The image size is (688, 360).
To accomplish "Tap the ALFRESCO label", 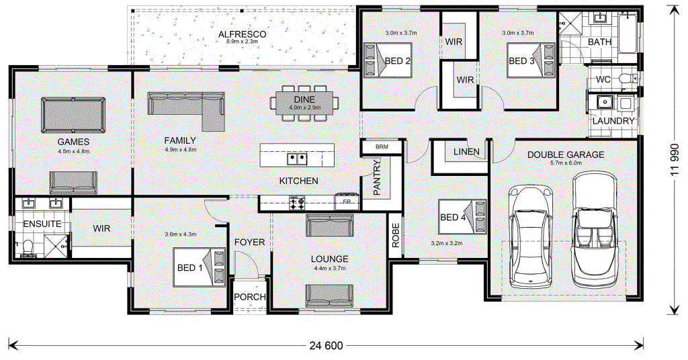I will tap(243, 34).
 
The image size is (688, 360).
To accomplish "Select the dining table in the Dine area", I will tap(305, 103).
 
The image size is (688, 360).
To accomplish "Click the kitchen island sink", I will tap(297, 159).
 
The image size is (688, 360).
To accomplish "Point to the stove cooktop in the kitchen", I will tap(296, 201).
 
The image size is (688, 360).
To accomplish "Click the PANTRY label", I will tap(377, 177).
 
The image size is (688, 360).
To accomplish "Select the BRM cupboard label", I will tap(382, 146).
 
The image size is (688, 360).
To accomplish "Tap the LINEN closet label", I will tap(466, 152).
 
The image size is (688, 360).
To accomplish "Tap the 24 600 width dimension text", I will tap(327, 346).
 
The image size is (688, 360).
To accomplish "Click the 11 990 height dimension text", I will tap(675, 157).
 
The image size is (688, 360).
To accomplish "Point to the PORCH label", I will tap(249, 297).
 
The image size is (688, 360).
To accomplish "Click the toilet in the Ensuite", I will tap(28, 250).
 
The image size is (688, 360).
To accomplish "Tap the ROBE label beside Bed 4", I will tap(396, 236).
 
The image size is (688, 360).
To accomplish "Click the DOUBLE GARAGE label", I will tap(565, 154).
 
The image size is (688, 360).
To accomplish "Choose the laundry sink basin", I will tap(604, 103).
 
